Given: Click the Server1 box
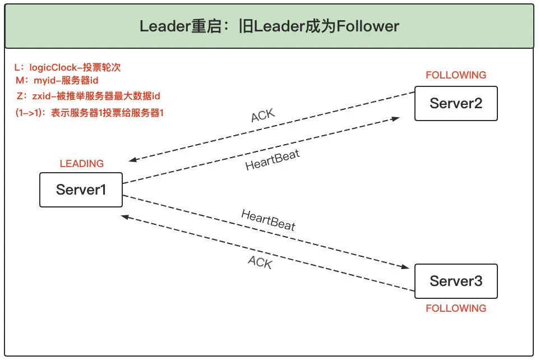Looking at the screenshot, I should [81, 190].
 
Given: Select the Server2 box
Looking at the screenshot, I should [455, 103].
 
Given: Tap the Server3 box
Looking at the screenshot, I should [455, 281].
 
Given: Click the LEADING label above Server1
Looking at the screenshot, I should [82, 164].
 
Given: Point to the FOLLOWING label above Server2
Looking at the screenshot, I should [455, 75].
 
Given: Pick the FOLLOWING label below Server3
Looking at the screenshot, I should [455, 308].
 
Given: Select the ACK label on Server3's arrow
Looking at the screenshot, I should [260, 261].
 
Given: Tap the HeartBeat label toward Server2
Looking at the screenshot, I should [273, 160].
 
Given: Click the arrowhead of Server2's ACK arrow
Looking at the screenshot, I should [132, 160].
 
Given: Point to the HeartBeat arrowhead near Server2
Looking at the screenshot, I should [396, 119].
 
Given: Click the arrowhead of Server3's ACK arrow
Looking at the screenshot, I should [126, 216].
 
